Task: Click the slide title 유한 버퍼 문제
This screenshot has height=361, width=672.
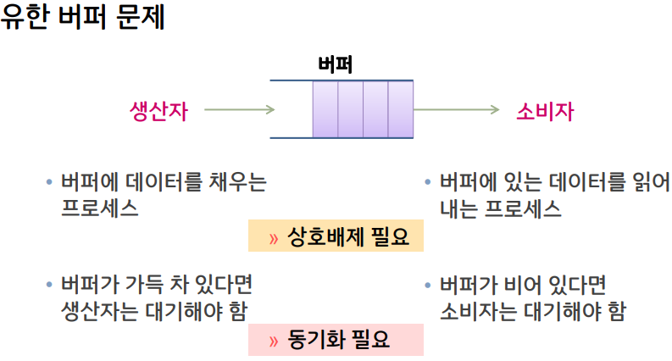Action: click(82, 18)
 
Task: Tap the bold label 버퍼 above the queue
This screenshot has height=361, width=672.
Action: click(336, 65)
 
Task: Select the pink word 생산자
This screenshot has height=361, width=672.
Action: click(158, 110)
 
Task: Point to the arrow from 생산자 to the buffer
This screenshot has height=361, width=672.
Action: click(239, 109)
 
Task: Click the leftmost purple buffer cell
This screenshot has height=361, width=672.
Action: click(325, 109)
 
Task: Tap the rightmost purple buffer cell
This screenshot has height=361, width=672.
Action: click(401, 109)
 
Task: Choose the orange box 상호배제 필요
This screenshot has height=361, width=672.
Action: click(335, 237)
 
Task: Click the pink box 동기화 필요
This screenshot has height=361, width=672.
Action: click(335, 340)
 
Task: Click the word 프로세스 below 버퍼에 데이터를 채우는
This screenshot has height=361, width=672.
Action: click(99, 208)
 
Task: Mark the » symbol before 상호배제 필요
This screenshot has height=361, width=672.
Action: click(273, 238)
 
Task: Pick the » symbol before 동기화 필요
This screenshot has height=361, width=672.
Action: click(273, 341)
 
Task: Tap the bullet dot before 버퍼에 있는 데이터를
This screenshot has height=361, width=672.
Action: click(428, 182)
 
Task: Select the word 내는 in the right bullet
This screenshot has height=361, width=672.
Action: click(459, 208)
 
